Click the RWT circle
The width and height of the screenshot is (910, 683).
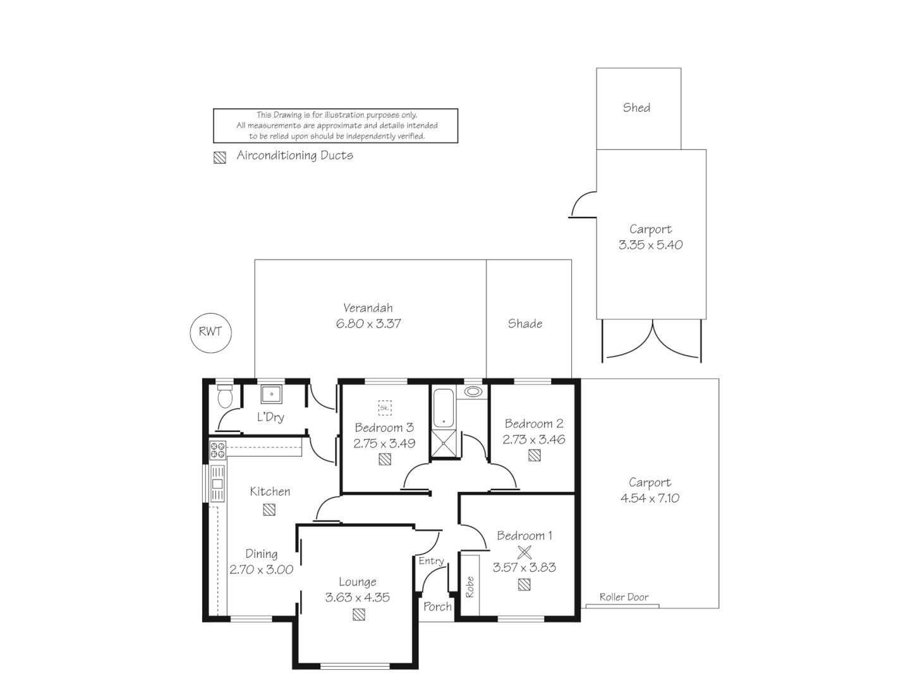(210, 314)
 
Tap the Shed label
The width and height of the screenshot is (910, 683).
(636, 108)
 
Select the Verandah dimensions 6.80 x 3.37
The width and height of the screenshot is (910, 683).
(368, 323)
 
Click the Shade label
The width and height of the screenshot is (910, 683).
(525, 323)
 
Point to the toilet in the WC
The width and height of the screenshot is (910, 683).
(225, 397)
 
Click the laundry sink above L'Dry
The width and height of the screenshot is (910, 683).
(271, 394)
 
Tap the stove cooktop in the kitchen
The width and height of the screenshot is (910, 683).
(217, 451)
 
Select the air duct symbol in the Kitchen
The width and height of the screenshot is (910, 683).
(269, 510)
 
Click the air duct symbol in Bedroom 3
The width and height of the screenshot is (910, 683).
(385, 459)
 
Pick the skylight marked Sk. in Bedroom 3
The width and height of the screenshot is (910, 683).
(385, 408)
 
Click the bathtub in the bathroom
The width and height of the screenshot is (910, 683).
(444, 408)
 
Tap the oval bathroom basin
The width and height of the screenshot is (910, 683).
(473, 391)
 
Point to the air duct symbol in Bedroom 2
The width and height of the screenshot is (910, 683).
(535, 455)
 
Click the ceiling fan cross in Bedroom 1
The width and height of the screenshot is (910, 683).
(525, 552)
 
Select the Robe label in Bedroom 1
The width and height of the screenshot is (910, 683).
(470, 587)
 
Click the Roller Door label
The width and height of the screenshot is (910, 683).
(624, 597)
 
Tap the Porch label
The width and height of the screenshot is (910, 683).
(437, 606)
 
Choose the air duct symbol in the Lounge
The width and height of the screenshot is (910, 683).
(358, 615)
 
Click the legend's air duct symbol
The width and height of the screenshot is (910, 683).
(220, 157)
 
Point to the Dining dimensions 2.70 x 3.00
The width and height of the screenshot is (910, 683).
(261, 570)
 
